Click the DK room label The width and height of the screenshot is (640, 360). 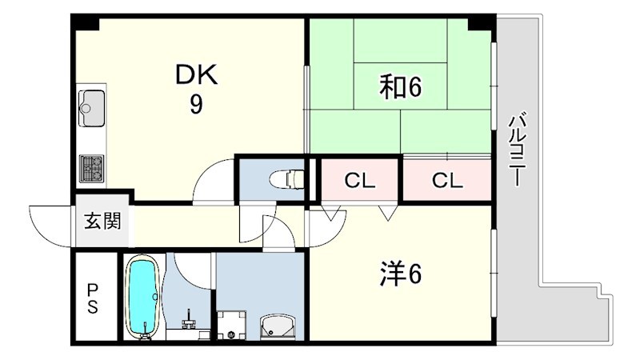coord(196,74)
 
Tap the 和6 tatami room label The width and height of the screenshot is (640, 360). coord(400,87)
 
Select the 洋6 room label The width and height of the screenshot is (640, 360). coord(401,274)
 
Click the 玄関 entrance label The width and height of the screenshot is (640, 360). coord(102,221)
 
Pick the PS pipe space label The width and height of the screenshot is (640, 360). coord(93,298)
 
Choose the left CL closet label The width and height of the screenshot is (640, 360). coord(359,180)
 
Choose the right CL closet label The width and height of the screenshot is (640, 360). coord(447,180)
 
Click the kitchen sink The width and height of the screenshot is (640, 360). coord(91,108)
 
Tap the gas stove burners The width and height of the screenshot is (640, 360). coord(91,169)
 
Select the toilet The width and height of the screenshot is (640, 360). coord(287,179)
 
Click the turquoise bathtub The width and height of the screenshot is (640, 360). coord(142,296)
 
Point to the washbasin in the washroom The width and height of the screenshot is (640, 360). coord(278,326)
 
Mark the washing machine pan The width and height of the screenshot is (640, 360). coord(231,325)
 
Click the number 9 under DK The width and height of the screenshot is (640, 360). coord(196,105)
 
